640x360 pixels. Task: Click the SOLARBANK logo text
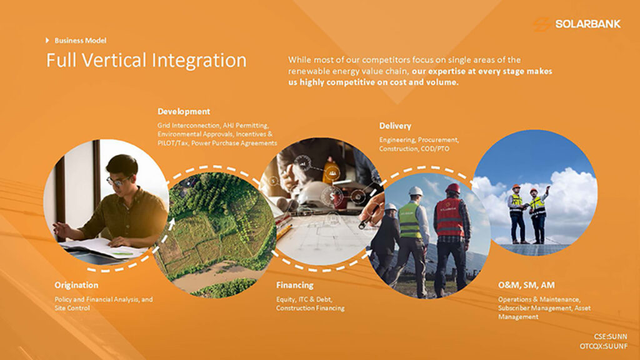coord(587,24)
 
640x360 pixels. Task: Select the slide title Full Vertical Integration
coord(146,60)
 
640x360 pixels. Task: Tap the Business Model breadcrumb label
coord(81,41)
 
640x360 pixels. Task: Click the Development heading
coord(184,111)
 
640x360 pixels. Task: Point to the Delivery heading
coord(395,126)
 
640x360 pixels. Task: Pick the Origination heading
coord(76,285)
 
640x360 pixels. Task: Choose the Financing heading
coord(295,285)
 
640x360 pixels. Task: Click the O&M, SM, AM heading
coord(526,285)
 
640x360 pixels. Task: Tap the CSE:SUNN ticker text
coord(611,337)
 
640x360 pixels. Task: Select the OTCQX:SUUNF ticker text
coord(604,346)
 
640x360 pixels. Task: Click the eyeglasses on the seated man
coord(117,181)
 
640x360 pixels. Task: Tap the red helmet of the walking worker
coord(452,188)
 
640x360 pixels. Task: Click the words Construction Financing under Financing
coord(310,308)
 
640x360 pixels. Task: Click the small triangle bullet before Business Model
coord(47,41)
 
